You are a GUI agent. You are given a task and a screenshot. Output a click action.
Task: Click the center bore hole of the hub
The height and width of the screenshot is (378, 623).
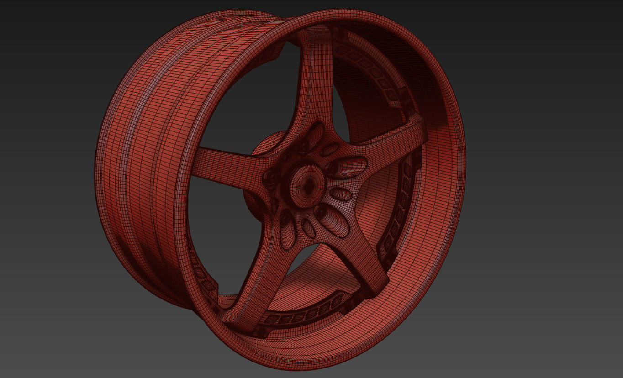pyautogui.click(x=307, y=184)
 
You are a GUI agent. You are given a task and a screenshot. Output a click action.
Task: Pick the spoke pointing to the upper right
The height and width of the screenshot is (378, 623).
pyautogui.click(x=393, y=135)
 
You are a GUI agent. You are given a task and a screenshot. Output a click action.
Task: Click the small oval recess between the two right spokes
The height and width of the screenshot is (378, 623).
pyautogui.click(x=341, y=194)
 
